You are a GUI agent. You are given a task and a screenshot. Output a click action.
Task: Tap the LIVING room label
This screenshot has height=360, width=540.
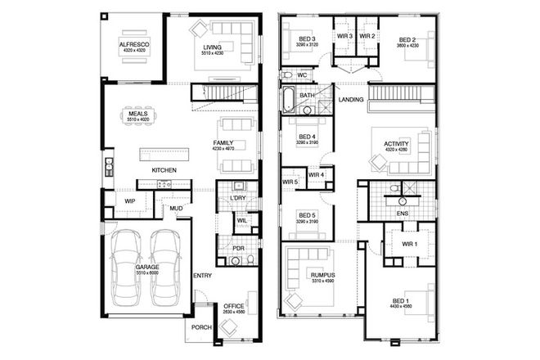coord(214,47)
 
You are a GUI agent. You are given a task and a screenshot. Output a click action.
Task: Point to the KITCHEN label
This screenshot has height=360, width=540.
coord(164,169)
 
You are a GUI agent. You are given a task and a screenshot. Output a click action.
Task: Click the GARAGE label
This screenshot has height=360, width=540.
coord(148,267)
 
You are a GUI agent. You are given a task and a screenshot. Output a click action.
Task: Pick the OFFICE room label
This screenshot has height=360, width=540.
coord(234,306)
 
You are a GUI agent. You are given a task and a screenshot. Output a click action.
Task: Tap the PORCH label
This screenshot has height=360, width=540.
coord(201,327)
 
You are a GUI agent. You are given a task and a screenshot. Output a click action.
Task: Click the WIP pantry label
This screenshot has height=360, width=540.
coord(129,200)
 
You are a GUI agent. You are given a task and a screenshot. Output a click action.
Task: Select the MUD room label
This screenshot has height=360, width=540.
coord(175,209)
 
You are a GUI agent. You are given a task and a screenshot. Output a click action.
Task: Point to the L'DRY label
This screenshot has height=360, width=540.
coord(237,198)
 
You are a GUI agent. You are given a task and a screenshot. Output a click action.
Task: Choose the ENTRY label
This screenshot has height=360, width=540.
coord(202,275)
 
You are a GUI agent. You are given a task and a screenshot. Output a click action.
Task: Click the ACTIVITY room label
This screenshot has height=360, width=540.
coord(396,145)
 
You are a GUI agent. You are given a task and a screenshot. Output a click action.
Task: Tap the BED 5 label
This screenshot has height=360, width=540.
coord(308,215)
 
